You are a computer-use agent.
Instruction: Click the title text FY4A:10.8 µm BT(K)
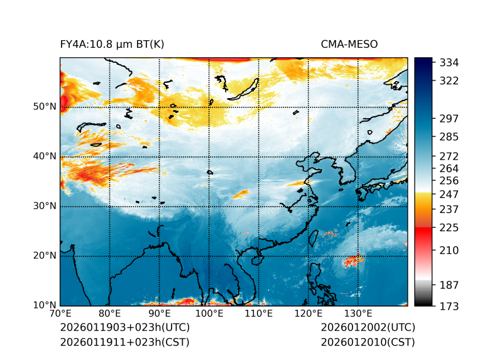tap(112, 44)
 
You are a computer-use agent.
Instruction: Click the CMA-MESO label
tap(349, 44)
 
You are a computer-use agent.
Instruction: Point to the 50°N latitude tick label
tap(45, 107)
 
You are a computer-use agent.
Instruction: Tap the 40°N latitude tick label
tap(45, 156)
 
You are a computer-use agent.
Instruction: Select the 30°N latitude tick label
tap(45, 206)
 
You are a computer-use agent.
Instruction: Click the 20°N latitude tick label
tap(45, 256)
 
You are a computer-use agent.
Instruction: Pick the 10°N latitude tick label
tap(45, 305)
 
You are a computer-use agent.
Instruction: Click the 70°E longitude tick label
tap(60, 314)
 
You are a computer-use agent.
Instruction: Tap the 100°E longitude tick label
tap(209, 314)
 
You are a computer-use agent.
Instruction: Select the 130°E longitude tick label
tap(358, 314)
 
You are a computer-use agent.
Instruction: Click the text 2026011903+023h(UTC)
tap(124, 327)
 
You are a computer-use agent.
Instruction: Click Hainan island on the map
tap(254, 259)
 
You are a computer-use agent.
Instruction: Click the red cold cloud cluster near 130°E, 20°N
tap(353, 261)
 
